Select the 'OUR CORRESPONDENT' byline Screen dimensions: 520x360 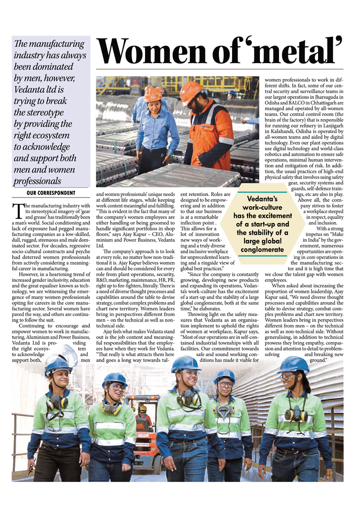click(50, 192)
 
